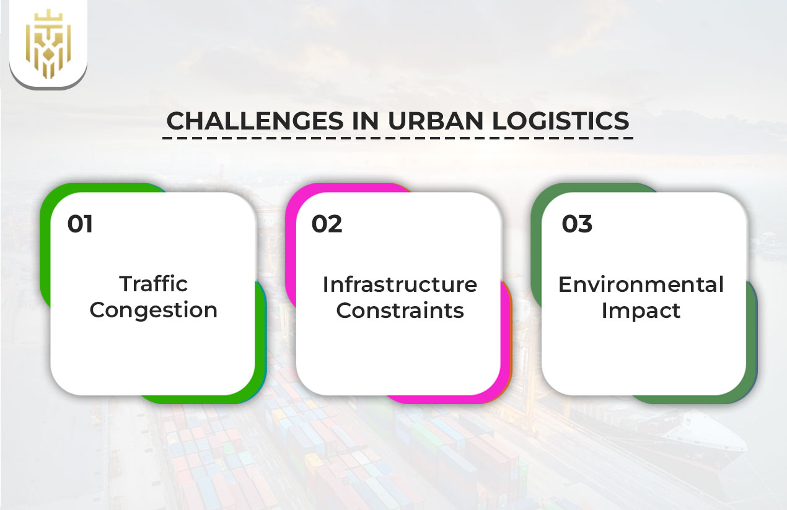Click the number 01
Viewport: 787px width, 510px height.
coord(81,224)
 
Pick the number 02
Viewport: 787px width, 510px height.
coord(327,224)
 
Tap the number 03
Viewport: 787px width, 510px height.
coord(577,224)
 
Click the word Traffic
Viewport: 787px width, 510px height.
coord(153,284)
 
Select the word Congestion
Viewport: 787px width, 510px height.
coord(153,310)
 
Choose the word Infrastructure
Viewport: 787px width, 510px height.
coord(400,284)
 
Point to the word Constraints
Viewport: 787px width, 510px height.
coord(400,310)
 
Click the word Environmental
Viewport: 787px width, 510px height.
coord(641,284)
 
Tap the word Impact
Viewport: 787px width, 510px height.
coord(641,310)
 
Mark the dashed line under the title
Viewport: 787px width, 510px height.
coord(397,138)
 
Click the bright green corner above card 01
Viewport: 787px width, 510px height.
coord(56,198)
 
